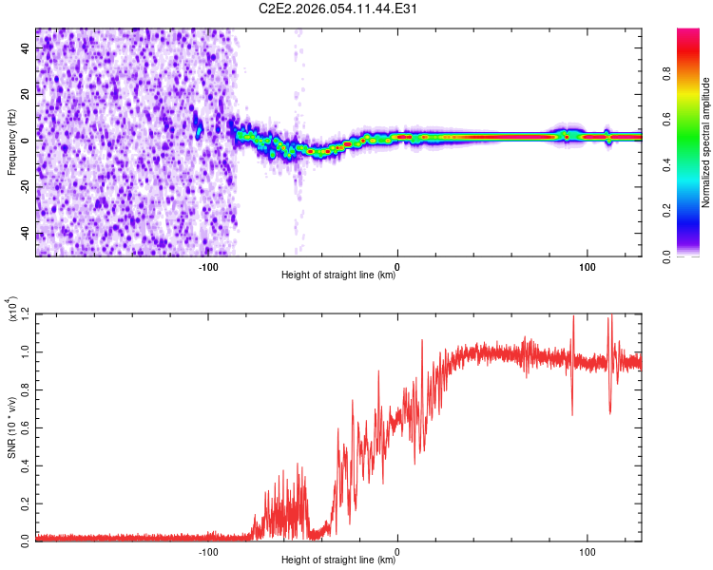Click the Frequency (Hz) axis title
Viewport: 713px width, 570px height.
(10, 142)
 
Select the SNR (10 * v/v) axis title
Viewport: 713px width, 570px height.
(12, 427)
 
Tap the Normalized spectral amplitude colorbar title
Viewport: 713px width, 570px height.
(706, 142)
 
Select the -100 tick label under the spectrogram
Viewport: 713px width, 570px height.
(208, 264)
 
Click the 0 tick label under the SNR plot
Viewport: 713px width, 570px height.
(397, 550)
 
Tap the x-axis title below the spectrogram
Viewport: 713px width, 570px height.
(338, 275)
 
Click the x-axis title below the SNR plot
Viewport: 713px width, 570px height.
(338, 561)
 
